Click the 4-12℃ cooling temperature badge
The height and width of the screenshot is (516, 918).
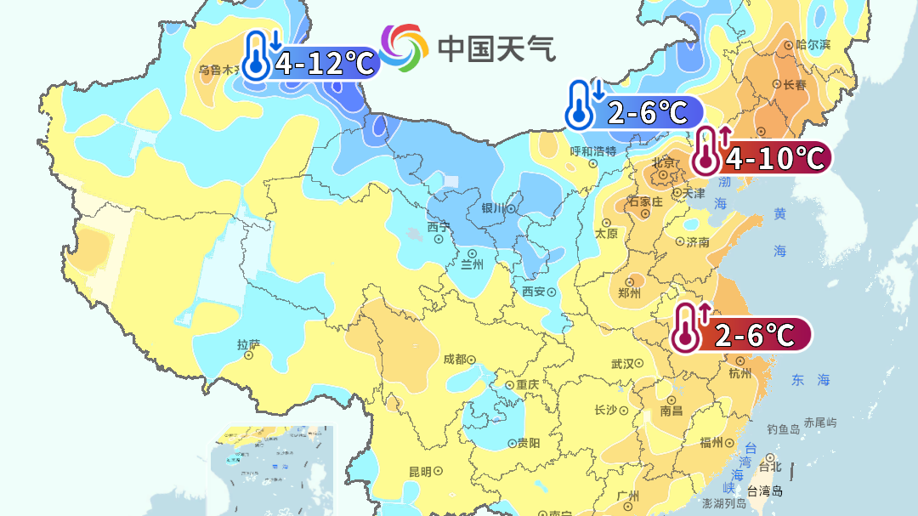pos(311,62)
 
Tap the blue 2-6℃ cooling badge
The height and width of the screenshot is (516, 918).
pos(635,112)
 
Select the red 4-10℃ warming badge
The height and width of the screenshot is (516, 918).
pos(760,156)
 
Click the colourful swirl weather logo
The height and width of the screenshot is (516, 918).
pos(405,48)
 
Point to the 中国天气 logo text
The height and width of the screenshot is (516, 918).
pos(497,48)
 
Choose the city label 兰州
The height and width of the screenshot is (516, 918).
pos(472,264)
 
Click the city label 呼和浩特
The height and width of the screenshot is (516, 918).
pos(592,151)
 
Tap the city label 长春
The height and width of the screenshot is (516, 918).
pos(795,84)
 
